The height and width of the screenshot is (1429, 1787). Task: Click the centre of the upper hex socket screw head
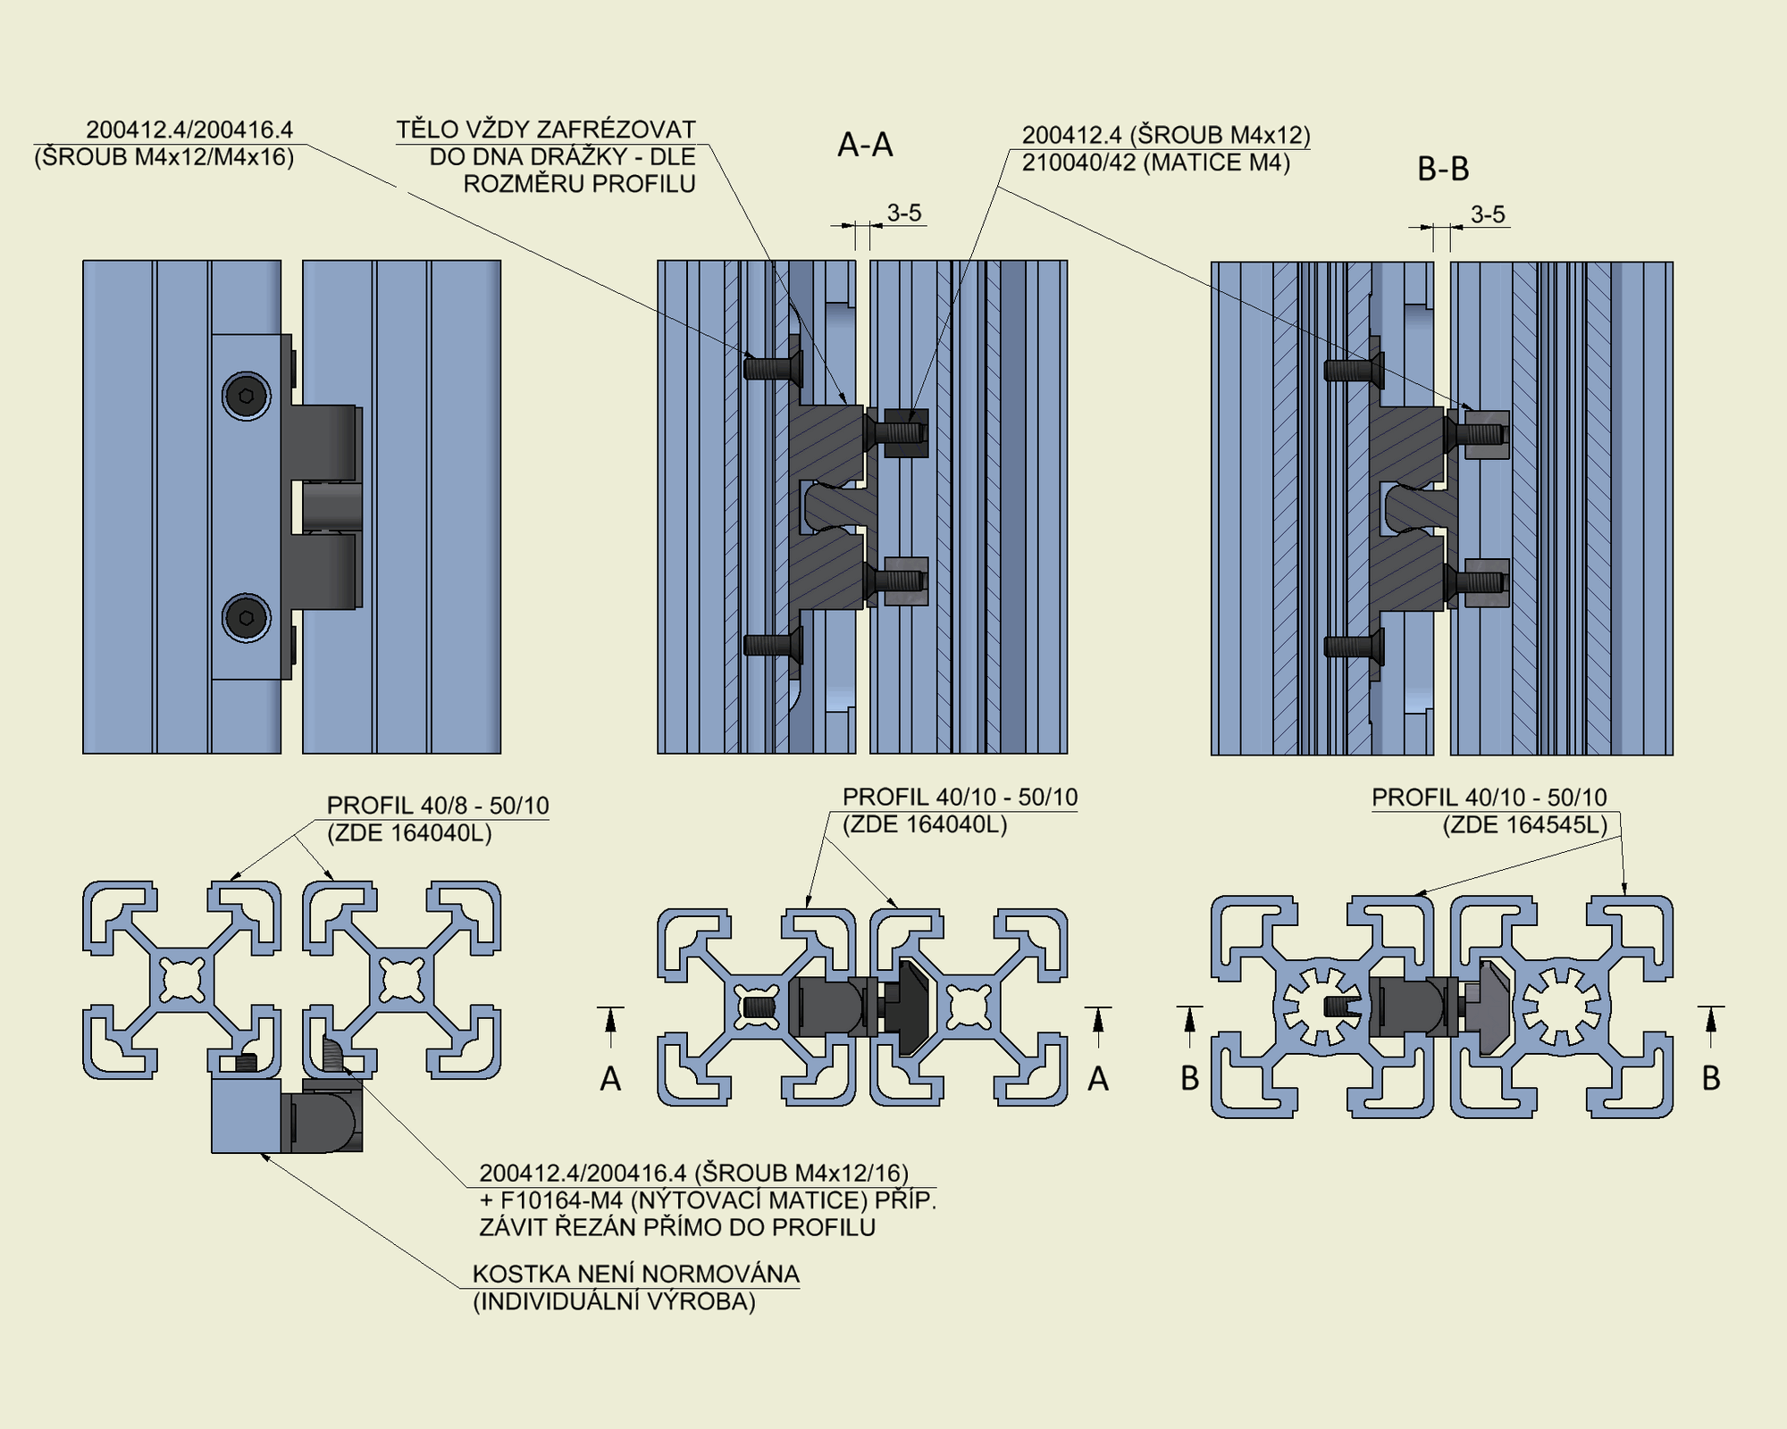coord(247,396)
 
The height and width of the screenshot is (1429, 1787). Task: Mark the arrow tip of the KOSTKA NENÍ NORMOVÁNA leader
coord(260,1153)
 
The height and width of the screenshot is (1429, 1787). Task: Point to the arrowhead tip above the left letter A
coord(610,1008)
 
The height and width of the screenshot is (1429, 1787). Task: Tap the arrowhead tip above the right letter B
coord(1711,1008)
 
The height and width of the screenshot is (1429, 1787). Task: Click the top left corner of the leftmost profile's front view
coord(83,261)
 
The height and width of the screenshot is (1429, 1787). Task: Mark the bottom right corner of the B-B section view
coord(1673,755)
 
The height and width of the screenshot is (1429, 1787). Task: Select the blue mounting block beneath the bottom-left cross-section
coord(247,1116)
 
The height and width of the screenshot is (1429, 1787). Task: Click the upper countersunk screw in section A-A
coord(774,367)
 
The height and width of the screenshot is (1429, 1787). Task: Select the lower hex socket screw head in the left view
coord(247,617)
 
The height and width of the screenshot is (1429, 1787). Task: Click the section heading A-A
coord(865,145)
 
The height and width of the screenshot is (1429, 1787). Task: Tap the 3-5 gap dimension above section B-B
coord(1488,214)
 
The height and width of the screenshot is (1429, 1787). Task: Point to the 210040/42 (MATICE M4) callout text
coord(1156,163)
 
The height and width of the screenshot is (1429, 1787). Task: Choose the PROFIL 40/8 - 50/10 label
coord(438,806)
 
